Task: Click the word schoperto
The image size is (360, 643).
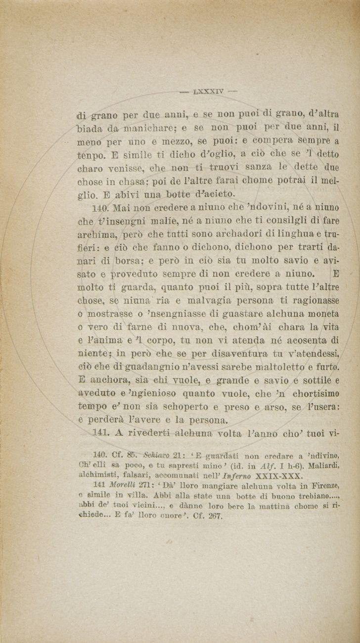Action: [185, 407]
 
